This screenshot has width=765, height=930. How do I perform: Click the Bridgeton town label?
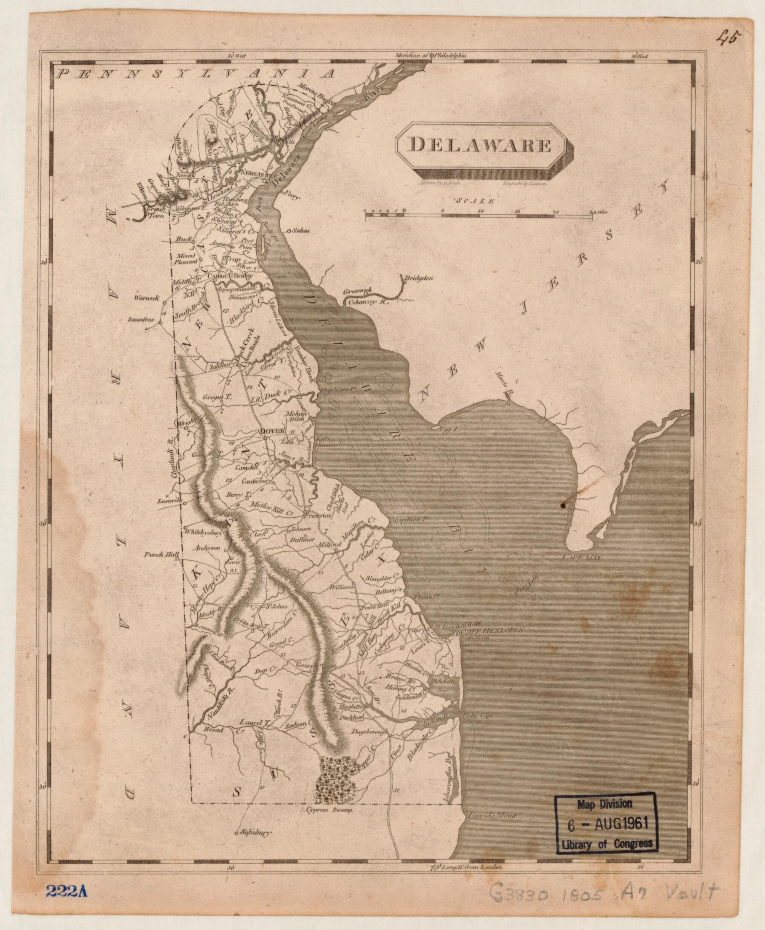pyautogui.click(x=417, y=278)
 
